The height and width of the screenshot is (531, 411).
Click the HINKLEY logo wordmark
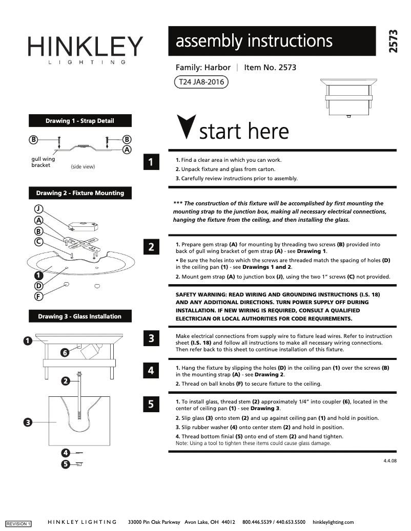coord(85,47)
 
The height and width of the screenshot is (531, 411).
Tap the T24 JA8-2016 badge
coord(201,82)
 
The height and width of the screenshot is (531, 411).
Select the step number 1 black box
coord(151,162)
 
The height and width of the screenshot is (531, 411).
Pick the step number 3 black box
coord(151,338)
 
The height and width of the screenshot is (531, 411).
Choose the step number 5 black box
coord(151,404)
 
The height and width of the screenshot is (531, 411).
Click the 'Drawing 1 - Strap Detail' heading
coord(79,121)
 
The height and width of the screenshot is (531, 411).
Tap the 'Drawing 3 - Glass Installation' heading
coord(79,316)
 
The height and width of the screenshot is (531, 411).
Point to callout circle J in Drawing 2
coord(38,208)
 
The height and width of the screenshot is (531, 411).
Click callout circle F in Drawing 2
coord(38,296)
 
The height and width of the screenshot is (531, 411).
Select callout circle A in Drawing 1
coord(127,150)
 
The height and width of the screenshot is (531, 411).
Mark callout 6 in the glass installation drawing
coord(65,352)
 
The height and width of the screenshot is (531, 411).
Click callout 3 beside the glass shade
coord(28,422)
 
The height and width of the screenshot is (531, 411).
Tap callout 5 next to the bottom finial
coord(65,464)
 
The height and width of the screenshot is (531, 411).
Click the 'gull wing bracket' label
coord(43,162)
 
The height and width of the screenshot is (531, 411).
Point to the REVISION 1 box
coord(18,523)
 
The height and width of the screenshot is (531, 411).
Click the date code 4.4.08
coord(390,461)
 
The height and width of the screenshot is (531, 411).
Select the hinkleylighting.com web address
coord(333,522)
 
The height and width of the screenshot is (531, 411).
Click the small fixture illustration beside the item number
coord(348,97)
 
